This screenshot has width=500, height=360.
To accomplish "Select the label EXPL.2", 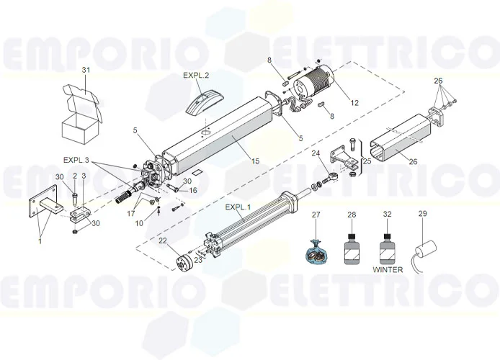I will coord(196,75).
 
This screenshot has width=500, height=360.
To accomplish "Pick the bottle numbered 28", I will coord(352,250).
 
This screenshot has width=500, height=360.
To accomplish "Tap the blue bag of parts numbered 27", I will coord(315,252).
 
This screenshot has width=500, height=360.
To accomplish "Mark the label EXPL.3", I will coord(76,159).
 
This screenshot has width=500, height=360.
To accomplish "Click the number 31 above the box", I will coord(86,70).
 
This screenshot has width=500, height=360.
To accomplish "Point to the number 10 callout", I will coord(139,222).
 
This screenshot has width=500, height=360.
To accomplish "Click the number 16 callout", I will coord(192,190).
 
